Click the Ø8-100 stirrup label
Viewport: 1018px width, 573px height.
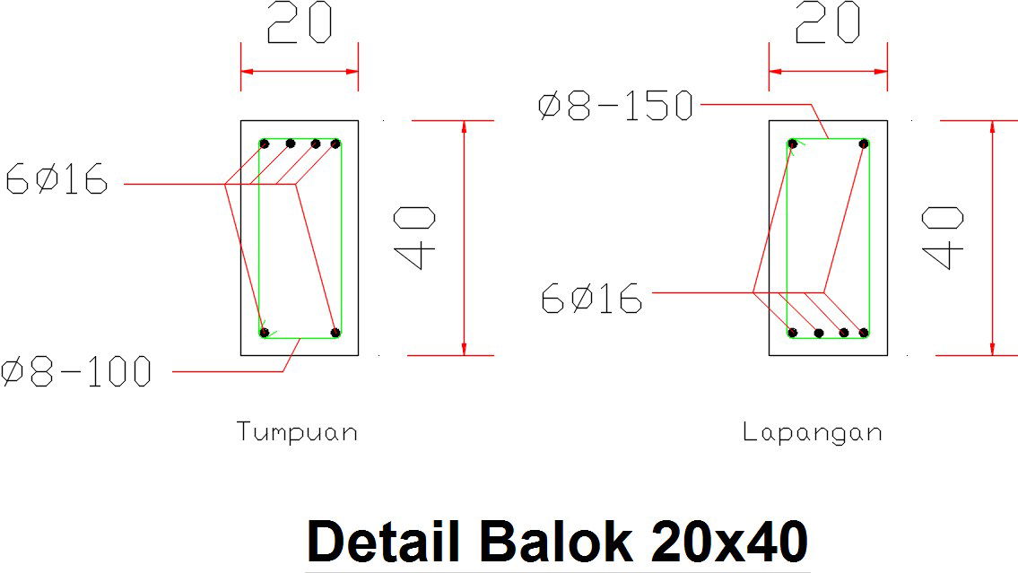coord(76,372)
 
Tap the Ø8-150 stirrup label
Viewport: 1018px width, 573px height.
coord(615,106)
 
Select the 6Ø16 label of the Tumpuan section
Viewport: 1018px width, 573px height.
coord(57,179)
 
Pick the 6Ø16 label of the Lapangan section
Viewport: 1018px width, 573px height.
coord(591,299)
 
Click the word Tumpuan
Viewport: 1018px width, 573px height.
coord(297,432)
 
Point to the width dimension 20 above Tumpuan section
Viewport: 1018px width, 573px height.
coord(300,22)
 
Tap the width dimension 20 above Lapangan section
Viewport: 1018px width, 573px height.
coord(828,22)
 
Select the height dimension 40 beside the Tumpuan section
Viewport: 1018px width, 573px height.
coord(415,238)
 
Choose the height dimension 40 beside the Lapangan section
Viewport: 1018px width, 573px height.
coord(943,238)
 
